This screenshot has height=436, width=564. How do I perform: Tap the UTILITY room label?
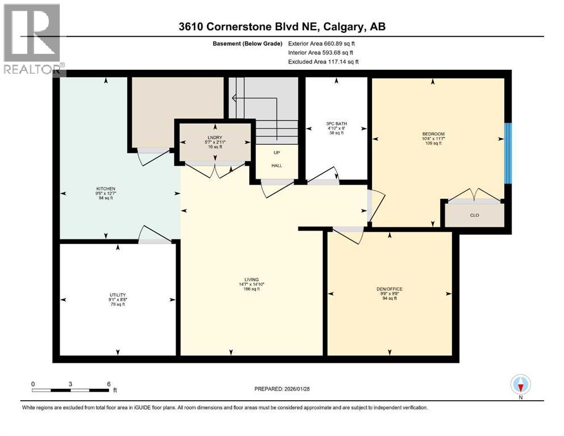pos(118,295)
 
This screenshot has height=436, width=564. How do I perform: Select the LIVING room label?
pos(252,280)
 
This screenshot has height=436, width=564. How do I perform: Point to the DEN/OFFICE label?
pos(390,289)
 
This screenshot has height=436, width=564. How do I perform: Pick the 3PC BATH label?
pos(336,123)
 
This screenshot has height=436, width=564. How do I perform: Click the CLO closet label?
pos(474,215)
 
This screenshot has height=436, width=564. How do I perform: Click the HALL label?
pos(277,166)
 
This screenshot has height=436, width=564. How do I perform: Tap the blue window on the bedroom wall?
pos(508,153)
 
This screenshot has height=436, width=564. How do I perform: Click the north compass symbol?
pos(520,385)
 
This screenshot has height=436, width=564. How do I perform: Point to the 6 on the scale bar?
pos(108,384)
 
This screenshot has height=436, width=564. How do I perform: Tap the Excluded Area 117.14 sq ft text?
pos(323,61)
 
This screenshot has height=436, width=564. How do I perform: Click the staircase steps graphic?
pos(276,131)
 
